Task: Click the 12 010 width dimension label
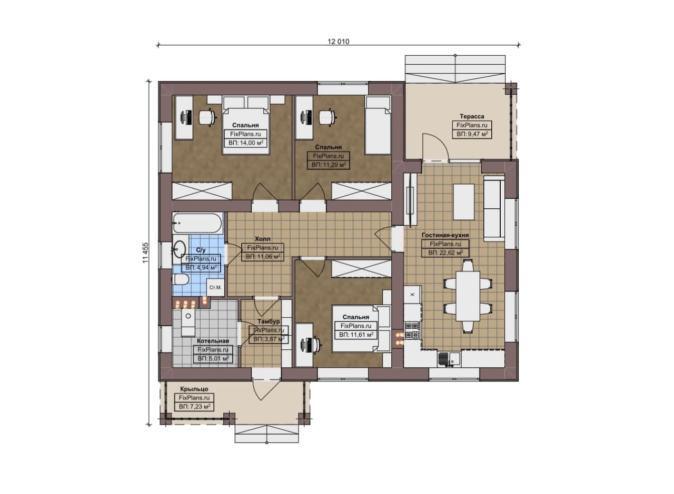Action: [339, 42]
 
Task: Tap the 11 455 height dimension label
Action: [146, 253]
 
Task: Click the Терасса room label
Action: [472, 116]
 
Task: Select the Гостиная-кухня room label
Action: [445, 235]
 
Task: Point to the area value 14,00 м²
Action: [246, 143]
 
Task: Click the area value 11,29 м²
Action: [329, 165]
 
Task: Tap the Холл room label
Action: [262, 239]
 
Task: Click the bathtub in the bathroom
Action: [197, 223]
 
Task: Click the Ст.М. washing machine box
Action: [215, 287]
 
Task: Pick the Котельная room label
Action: [213, 341]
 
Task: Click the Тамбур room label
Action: [269, 321]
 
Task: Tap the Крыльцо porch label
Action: [194, 389]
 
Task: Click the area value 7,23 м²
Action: [194, 407]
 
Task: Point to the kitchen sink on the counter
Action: [449, 359]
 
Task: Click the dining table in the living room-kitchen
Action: [468, 296]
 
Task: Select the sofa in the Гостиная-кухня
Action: [494, 209]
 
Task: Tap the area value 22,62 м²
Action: [445, 253]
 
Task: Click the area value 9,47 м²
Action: [472, 134]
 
